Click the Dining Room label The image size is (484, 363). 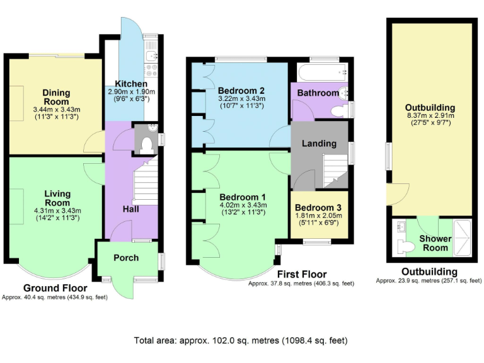57,98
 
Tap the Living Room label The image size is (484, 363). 57,199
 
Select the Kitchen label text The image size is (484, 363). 131,84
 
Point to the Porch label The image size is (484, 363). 126,258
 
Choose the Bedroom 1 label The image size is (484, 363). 243,195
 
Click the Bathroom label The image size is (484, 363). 318,93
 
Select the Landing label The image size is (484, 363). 319,143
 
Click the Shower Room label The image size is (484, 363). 435,243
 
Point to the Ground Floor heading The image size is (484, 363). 55,288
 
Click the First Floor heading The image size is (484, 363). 302,274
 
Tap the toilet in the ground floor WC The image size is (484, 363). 147,144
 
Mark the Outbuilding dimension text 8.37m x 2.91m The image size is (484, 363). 430,116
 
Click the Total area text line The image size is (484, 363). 240,340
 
